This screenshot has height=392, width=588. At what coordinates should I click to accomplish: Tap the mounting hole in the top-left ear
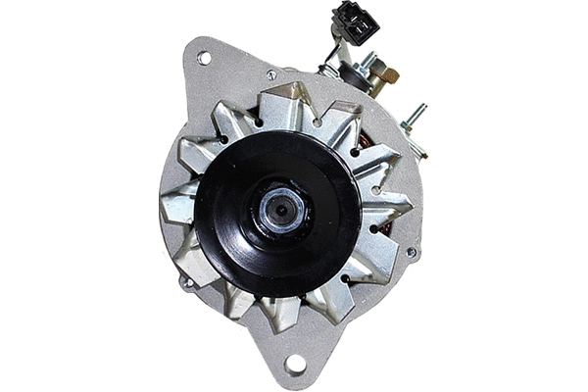pyautogui.click(x=204, y=58)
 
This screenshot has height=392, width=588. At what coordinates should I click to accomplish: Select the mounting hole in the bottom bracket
pyautogui.click(x=295, y=365)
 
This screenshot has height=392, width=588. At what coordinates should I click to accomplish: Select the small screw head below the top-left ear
pyautogui.click(x=271, y=74)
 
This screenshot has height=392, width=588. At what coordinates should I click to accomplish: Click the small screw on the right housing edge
pyautogui.click(x=411, y=252)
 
